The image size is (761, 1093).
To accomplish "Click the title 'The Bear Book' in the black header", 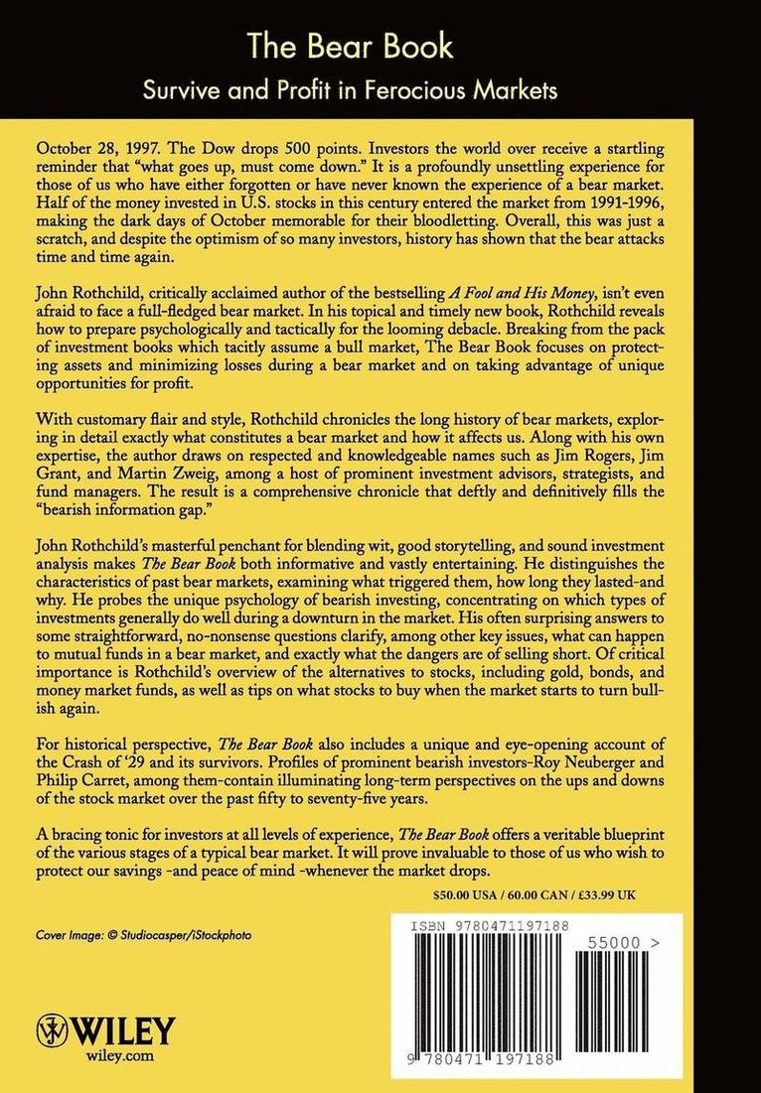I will tap(380, 47).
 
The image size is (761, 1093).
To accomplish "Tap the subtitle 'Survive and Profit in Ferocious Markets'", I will tap(380, 91).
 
